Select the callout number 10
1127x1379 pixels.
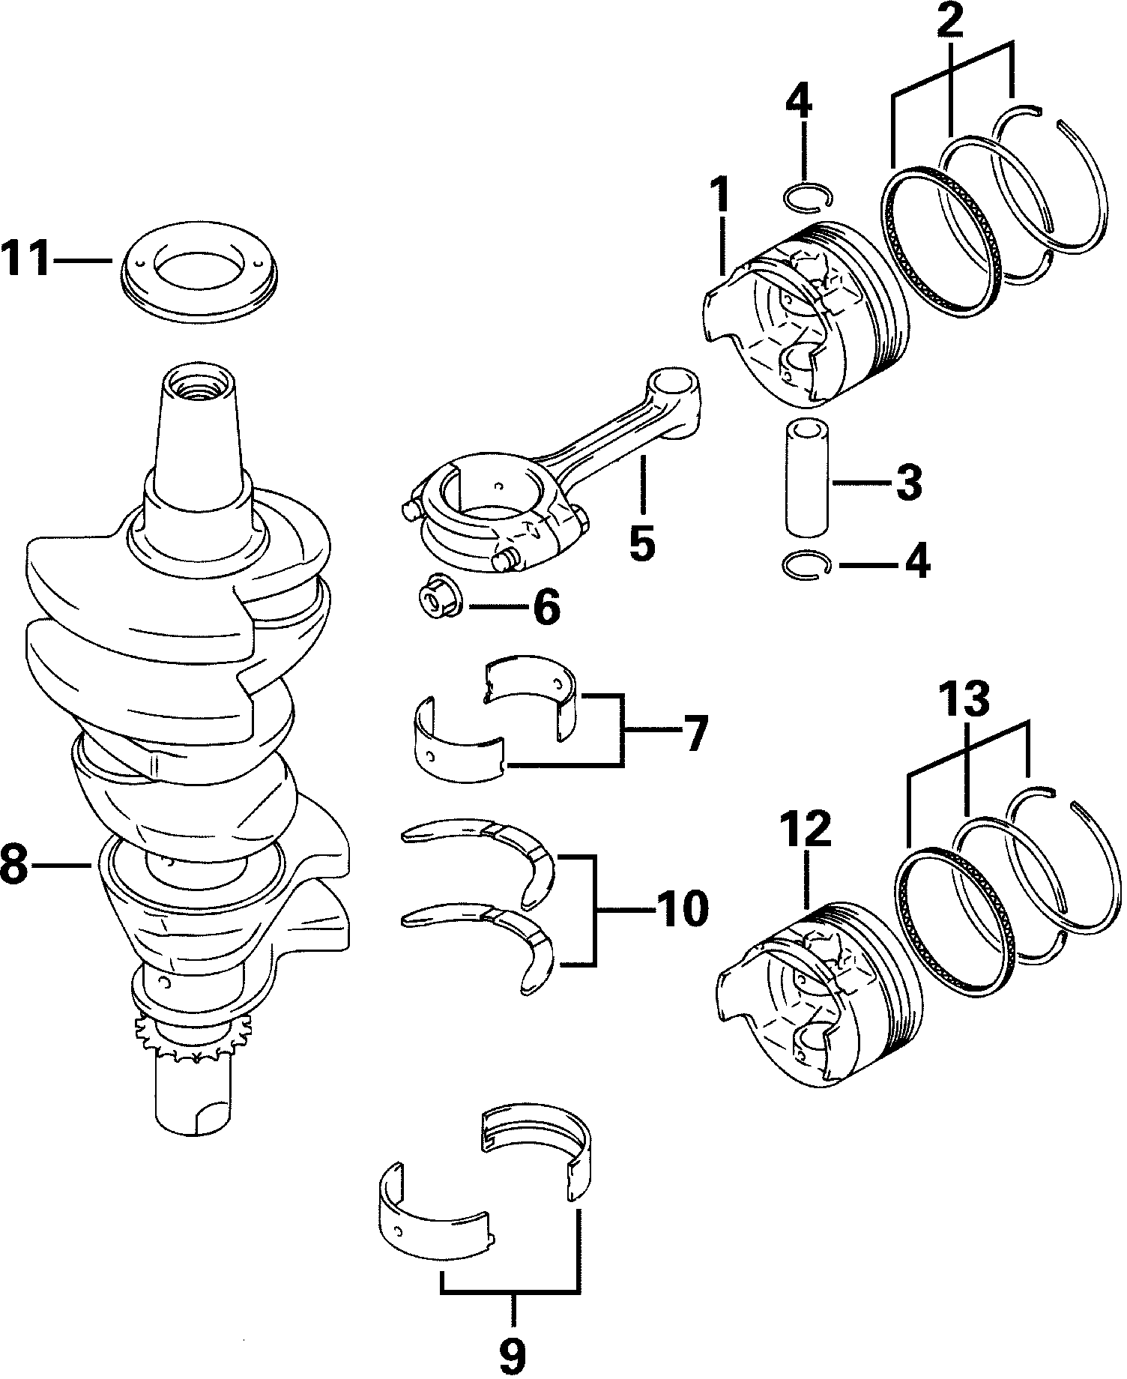pos(680,908)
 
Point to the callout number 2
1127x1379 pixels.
pos(949,23)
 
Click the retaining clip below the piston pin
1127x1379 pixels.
pos(806,564)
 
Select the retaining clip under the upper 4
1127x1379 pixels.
pos(806,196)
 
